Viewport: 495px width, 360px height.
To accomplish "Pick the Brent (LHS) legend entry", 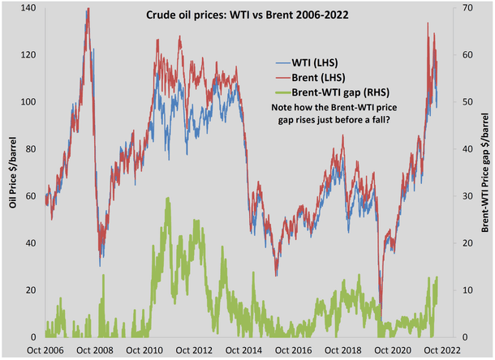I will tap(316, 77).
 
